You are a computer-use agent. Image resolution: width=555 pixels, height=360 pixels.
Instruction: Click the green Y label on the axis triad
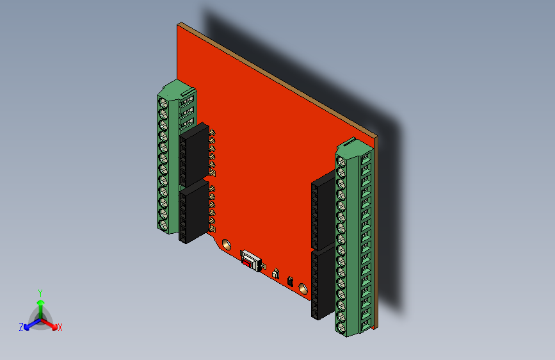[40, 292]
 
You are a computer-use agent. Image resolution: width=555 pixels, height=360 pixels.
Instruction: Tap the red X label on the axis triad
[60, 327]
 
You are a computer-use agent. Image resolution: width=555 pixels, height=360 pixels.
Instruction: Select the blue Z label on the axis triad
[21, 327]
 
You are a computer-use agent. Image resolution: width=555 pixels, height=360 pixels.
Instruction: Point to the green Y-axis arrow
[40, 304]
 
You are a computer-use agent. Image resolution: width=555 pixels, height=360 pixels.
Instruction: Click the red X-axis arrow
[51, 323]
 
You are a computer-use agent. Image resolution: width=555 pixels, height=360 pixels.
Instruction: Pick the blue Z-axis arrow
[29, 324]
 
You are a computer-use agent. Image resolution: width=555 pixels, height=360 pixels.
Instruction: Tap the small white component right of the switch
[276, 274]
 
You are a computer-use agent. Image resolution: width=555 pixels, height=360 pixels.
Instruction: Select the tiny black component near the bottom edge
[290, 281]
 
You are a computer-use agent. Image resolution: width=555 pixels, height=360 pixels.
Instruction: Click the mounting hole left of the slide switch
[226, 244]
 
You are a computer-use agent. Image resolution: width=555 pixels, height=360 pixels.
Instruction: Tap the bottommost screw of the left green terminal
[164, 225]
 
